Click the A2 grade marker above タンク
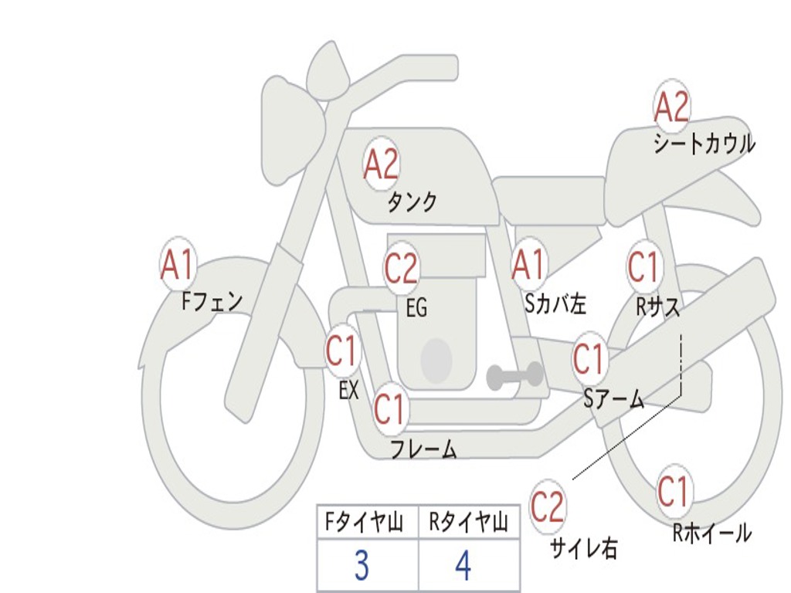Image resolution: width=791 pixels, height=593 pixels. click(381, 164)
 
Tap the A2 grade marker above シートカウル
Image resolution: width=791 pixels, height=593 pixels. click(671, 107)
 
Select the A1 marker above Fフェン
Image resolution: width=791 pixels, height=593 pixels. click(178, 265)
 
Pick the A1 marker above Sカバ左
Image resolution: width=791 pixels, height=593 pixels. click(529, 265)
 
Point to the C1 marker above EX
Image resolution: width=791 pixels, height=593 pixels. click(342, 351)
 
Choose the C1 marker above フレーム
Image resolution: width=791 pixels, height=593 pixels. click(390, 408)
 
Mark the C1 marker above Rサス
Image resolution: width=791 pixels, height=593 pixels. click(643, 267)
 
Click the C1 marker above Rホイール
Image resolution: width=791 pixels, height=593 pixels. click(674, 491)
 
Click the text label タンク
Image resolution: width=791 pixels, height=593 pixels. click(412, 202)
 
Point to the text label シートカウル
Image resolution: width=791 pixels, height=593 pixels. click(704, 144)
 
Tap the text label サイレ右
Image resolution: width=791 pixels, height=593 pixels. click(584, 548)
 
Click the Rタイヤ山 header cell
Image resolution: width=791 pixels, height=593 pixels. click(468, 524)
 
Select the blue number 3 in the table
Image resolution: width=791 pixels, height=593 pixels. click(362, 566)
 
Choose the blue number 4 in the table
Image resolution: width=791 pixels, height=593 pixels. click(463, 566)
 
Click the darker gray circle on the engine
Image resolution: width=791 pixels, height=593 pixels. click(436, 360)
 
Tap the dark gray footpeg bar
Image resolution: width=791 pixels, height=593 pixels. click(515, 376)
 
